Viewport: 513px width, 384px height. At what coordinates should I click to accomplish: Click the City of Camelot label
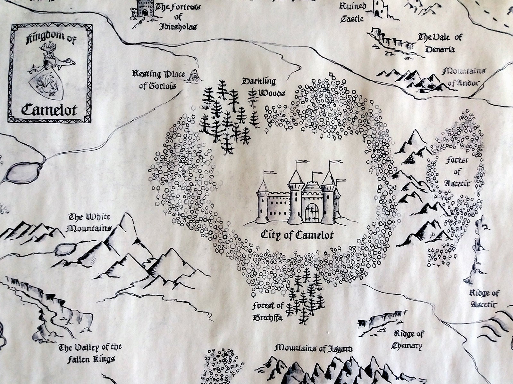point(297,235)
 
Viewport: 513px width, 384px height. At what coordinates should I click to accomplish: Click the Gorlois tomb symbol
point(194,75)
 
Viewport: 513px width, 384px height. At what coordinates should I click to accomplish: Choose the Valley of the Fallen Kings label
point(90,353)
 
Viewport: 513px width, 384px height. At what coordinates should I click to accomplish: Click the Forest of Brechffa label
point(268,312)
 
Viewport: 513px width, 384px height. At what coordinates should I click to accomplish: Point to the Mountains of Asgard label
point(314,348)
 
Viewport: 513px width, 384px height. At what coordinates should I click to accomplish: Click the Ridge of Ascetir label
point(484,298)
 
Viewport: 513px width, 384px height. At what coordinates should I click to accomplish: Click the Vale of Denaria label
point(440,43)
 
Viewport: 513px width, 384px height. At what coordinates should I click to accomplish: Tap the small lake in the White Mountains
point(65,249)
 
